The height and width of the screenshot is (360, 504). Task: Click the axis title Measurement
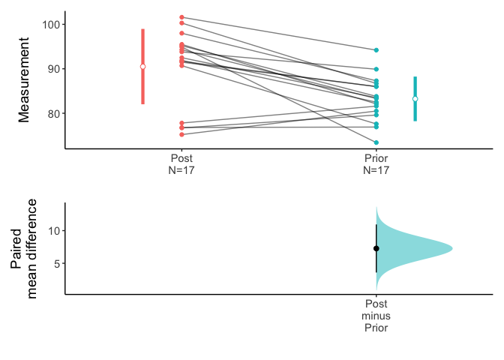click(24, 80)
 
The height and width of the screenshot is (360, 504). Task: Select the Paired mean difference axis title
click(24, 249)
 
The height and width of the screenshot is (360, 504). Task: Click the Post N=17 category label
click(181, 164)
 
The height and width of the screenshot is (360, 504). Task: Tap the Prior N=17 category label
click(376, 164)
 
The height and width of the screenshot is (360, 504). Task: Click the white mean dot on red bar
click(142, 67)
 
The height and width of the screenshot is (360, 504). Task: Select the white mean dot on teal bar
click(415, 99)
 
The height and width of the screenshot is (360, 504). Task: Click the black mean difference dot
click(376, 248)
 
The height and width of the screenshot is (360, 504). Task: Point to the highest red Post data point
click(182, 17)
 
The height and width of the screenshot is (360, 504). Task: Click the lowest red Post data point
click(182, 135)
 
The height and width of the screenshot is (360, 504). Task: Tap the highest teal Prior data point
click(376, 50)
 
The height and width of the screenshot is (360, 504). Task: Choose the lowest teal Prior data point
click(376, 142)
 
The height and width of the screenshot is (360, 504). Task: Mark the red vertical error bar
click(142, 45)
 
